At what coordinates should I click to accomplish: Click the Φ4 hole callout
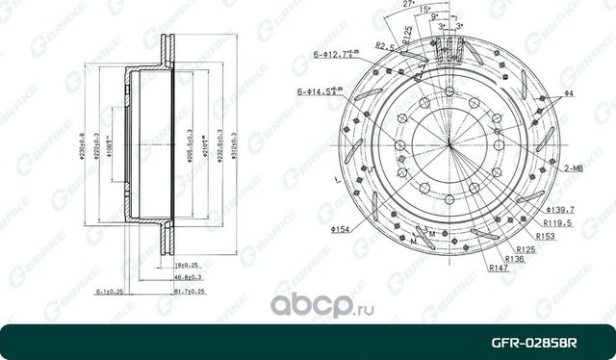pyautogui.click(x=570, y=92)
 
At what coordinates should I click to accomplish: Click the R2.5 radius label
pyautogui.click(x=387, y=45)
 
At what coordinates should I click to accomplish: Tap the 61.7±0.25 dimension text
pyautogui.click(x=189, y=289)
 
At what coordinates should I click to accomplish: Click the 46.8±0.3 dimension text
pyautogui.click(x=188, y=275)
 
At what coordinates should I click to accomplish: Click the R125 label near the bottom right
pyautogui.click(x=527, y=248)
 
